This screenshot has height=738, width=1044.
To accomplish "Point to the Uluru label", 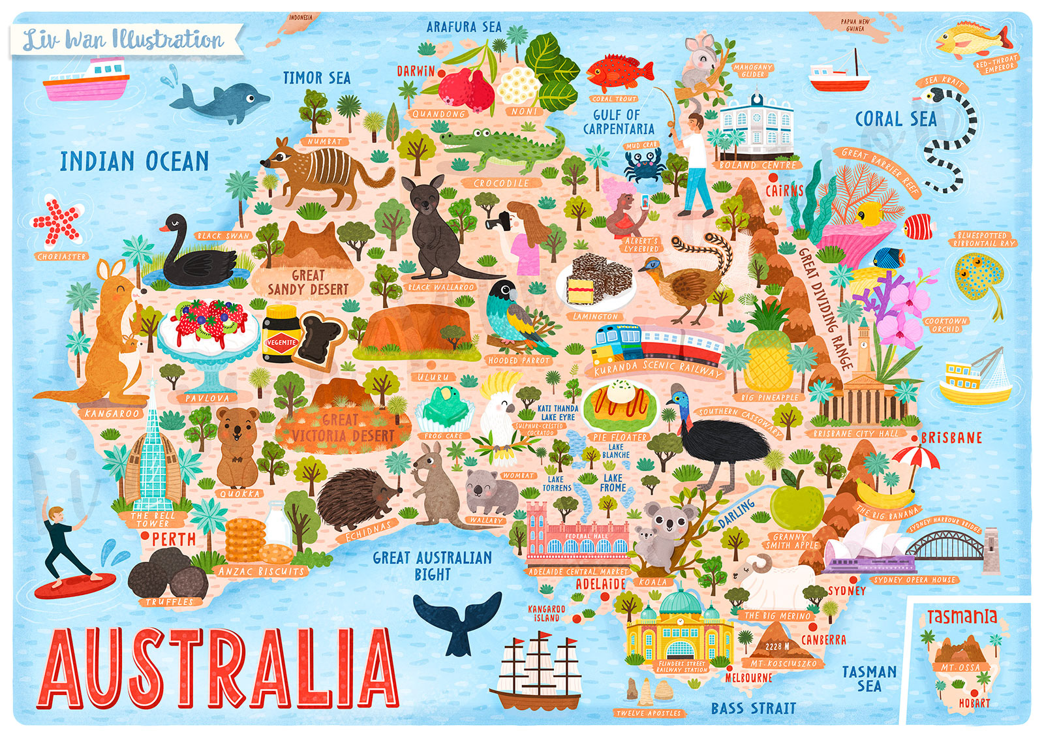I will point(433,377).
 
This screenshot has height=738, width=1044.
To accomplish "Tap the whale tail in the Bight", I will point(458,620).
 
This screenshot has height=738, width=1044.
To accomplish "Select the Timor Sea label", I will point(316,78).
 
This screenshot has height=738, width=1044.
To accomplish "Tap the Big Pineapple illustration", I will point(769,356).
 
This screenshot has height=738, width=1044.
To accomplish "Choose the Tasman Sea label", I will point(868,679).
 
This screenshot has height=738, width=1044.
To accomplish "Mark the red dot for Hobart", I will point(974,692).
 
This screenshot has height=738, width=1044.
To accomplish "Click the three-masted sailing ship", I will point(538,672).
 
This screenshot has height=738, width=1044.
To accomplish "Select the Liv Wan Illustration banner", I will point(124,40).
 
